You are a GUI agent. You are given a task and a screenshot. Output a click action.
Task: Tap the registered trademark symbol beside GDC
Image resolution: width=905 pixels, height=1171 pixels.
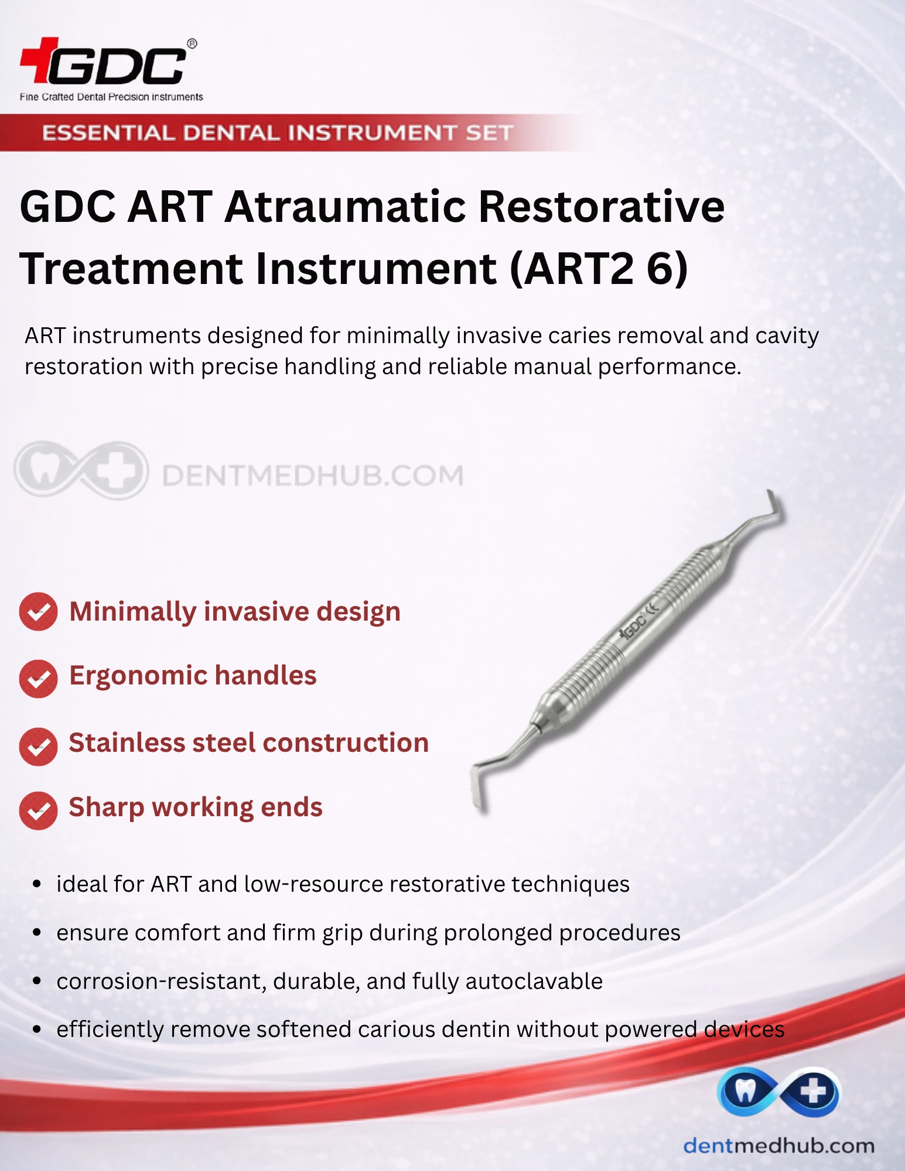(192, 44)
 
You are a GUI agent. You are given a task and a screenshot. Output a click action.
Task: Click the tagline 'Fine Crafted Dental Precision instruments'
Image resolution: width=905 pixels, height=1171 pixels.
(111, 97)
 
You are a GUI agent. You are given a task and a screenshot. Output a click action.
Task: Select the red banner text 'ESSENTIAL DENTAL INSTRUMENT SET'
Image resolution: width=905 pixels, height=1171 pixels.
(278, 133)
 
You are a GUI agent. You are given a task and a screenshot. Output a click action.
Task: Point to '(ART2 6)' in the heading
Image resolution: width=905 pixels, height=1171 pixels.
(599, 269)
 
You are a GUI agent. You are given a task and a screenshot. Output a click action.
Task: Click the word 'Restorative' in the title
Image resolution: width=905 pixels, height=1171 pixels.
(602, 207)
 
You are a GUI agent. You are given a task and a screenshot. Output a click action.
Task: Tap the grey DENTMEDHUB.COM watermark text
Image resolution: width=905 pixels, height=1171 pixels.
(313, 475)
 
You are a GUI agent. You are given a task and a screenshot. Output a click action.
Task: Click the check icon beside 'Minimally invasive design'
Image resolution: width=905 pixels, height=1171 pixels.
(38, 612)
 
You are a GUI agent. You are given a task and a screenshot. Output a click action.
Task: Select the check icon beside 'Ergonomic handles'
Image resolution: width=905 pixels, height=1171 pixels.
(38, 679)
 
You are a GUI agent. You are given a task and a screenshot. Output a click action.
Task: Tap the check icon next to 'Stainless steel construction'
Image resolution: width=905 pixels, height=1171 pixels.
(38, 747)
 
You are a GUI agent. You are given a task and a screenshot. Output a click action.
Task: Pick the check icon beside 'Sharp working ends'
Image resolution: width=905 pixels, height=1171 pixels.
(38, 811)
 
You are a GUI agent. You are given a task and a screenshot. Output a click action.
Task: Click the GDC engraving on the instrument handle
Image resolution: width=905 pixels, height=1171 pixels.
(633, 626)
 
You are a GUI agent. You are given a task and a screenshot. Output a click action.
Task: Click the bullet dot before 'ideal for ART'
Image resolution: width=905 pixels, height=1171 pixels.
(37, 884)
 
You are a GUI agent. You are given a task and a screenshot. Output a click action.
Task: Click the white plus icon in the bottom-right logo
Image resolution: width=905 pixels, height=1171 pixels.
(814, 1091)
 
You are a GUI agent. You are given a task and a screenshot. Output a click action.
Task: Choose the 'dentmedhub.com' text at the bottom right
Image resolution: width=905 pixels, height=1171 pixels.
(779, 1145)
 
